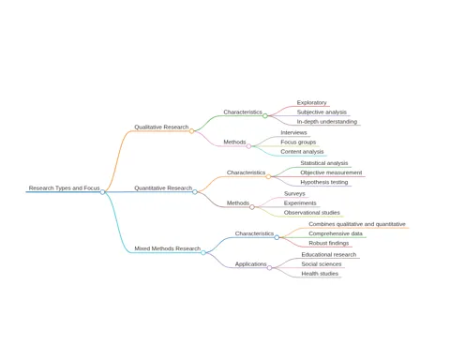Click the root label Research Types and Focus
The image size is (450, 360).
click(64, 187)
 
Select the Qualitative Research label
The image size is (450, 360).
click(161, 127)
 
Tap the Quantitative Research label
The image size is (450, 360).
click(163, 187)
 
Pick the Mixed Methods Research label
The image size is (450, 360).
click(168, 248)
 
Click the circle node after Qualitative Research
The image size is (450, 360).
click(191, 131)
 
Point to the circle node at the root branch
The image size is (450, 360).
click(102, 192)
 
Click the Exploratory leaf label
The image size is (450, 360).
click(311, 102)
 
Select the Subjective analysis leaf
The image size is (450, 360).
click(322, 112)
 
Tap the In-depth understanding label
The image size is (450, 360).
click(327, 122)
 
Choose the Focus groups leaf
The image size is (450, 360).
click(298, 142)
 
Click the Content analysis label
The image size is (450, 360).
click(302, 152)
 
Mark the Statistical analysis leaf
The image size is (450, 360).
click(324, 163)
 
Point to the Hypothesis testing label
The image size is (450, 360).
click(324, 182)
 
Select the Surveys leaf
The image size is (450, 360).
click(294, 193)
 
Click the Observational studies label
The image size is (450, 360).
click(312, 213)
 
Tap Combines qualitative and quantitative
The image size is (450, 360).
click(357, 224)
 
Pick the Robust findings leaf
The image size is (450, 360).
click(329, 243)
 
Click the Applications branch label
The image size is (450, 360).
click(251, 264)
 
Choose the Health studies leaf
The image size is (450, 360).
click(320, 274)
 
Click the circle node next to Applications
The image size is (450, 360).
click(269, 268)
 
